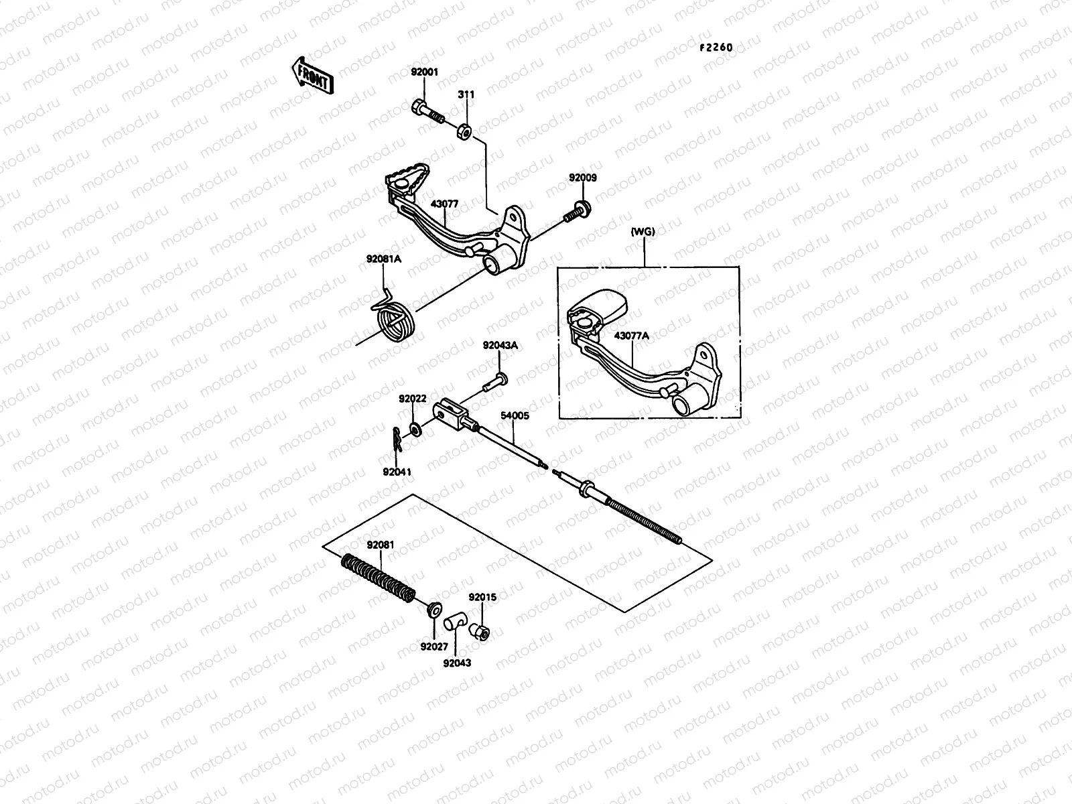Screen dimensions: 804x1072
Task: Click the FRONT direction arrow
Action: click(x=312, y=74)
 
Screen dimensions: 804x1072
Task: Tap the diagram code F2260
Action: click(x=716, y=48)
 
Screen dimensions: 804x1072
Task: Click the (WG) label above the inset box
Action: click(x=643, y=232)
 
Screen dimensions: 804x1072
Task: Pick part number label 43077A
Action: click(x=632, y=336)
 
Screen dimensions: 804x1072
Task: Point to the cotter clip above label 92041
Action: click(x=397, y=440)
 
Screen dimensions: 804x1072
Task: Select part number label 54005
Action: click(x=515, y=415)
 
